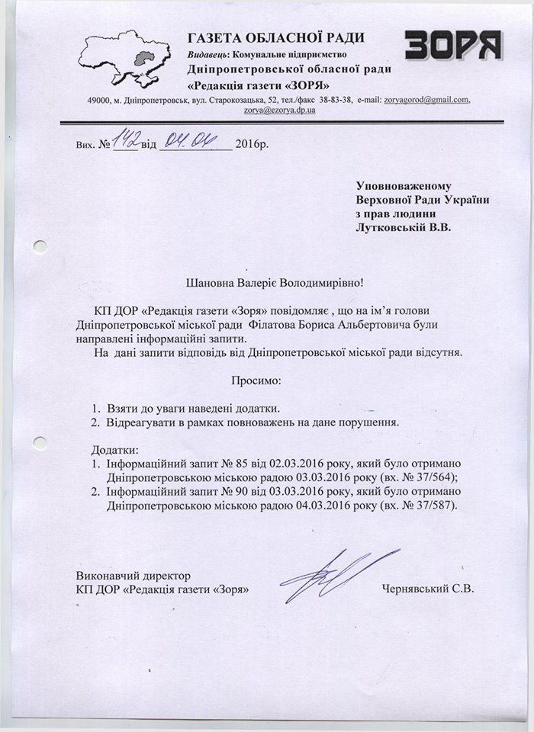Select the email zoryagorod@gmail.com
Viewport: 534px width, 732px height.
pyautogui.click(x=427, y=101)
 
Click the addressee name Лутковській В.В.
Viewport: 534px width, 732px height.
pyautogui.click(x=404, y=226)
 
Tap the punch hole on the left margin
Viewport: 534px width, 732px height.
pyautogui.click(x=40, y=246)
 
